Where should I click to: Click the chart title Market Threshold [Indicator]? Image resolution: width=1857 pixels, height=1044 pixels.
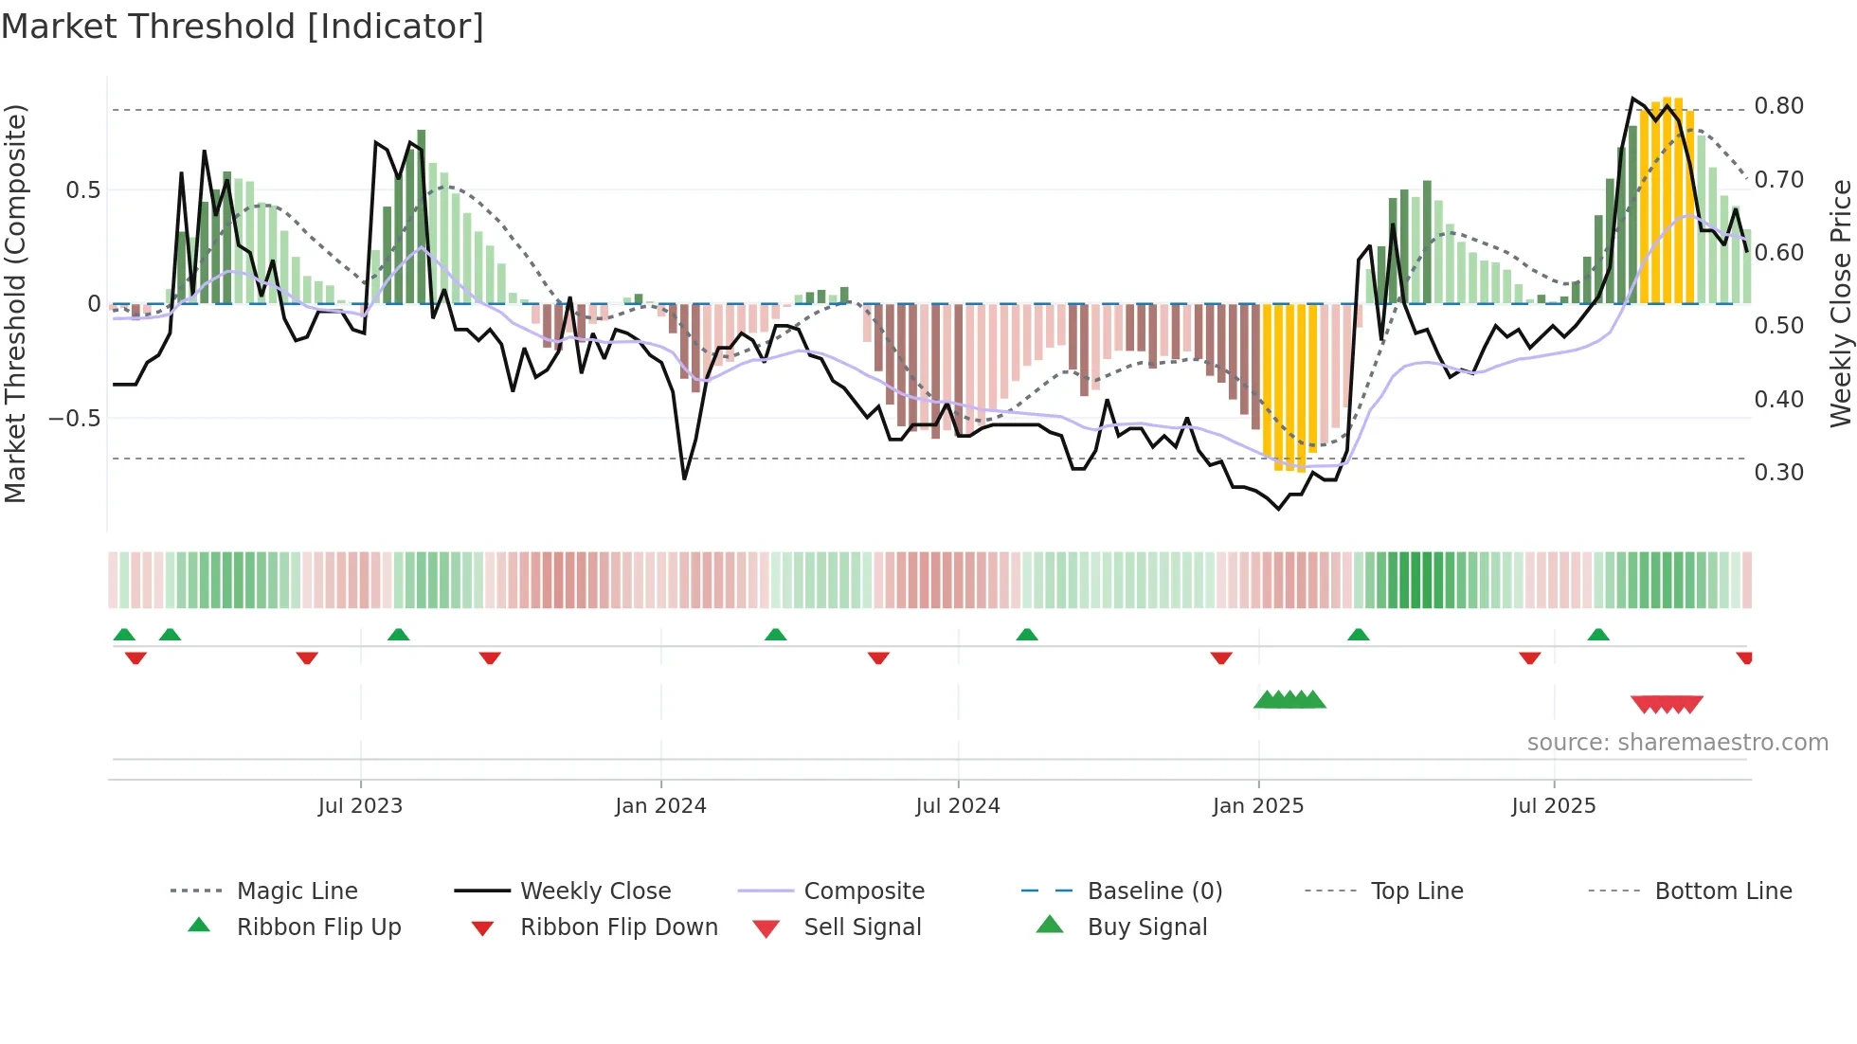(243, 27)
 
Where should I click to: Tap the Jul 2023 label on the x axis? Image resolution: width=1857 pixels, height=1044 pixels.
(360, 806)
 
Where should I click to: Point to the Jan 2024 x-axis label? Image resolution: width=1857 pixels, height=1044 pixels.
(660, 806)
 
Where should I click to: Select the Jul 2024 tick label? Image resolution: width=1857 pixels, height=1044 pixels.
(957, 806)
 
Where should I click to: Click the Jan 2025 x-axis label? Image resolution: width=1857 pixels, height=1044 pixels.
(1257, 806)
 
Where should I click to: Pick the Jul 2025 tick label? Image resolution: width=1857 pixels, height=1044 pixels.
(1553, 806)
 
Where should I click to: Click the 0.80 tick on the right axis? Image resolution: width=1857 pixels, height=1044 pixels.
(1778, 106)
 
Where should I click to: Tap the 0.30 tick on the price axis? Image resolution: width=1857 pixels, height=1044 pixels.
(1778, 473)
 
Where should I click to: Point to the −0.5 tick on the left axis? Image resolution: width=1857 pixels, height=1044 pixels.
(75, 419)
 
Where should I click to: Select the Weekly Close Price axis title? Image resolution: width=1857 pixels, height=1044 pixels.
(1840, 303)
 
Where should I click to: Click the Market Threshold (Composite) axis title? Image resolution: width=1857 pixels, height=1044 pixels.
(15, 303)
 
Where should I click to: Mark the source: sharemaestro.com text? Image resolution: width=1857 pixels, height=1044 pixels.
(1677, 743)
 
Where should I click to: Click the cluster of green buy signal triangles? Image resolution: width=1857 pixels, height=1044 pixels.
(1289, 700)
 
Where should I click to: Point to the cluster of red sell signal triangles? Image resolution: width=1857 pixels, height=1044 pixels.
(1667, 704)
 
